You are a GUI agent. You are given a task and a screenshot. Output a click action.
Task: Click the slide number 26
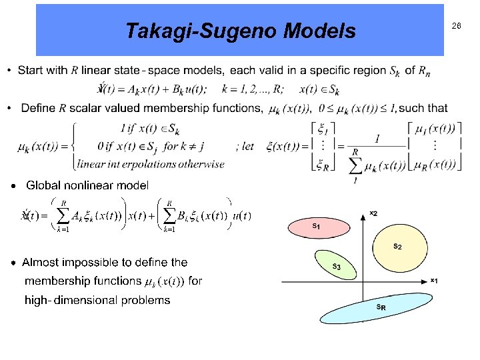(x=457, y=26)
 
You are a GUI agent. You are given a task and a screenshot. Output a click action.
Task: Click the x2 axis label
(x=374, y=213)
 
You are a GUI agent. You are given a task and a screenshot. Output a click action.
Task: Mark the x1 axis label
(x=434, y=279)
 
